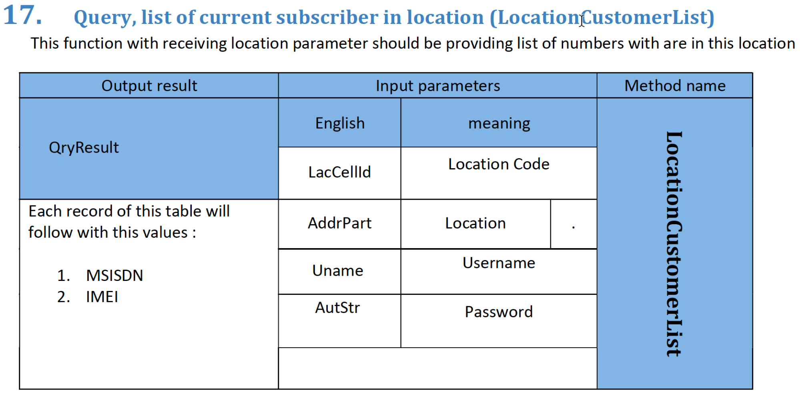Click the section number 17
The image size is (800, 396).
[x=22, y=15]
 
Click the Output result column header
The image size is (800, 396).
[x=149, y=86]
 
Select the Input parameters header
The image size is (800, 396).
[x=438, y=86]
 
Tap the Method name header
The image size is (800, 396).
[x=675, y=86]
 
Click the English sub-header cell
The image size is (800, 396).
[x=340, y=123]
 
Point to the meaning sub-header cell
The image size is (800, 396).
[x=499, y=123]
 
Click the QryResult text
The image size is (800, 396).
[x=84, y=148]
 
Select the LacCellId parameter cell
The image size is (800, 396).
[x=340, y=173]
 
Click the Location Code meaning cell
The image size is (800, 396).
[x=499, y=173]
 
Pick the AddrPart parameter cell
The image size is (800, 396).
[x=340, y=224]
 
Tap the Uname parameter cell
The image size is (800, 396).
[x=340, y=272]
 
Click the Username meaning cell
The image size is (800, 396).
[x=499, y=272]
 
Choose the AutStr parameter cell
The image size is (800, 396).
[x=340, y=321]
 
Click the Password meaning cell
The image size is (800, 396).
[x=499, y=321]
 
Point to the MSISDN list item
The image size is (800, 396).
[x=114, y=276]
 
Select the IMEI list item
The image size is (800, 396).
[x=102, y=297]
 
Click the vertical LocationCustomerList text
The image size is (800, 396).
[x=674, y=244]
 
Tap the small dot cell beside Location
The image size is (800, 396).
[x=573, y=224]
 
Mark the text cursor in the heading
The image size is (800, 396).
[x=582, y=19]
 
